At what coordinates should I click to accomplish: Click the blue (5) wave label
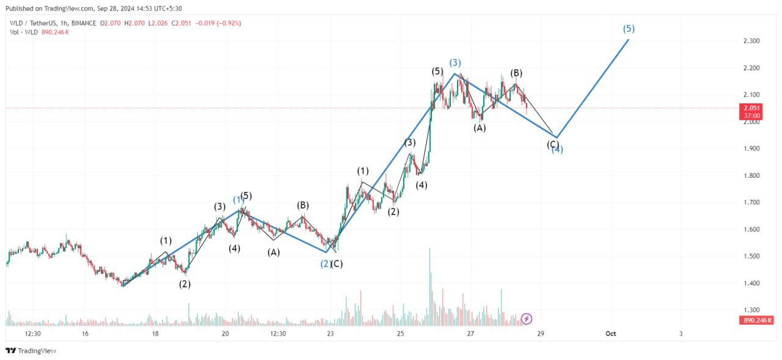tap(629, 29)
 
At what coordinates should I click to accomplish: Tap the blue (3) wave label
tap(455, 63)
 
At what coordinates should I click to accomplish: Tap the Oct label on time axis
tap(610, 334)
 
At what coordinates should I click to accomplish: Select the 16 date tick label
tap(85, 334)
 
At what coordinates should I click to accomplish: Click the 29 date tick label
tap(540, 334)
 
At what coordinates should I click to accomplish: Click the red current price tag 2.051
tap(751, 108)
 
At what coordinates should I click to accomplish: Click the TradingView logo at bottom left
tap(31, 351)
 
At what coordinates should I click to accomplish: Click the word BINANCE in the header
tap(83, 23)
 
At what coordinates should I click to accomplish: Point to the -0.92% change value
tap(228, 23)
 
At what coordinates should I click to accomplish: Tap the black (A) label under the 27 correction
tap(480, 128)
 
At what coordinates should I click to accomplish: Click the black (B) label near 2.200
tap(516, 73)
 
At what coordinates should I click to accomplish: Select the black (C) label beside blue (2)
tap(337, 263)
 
